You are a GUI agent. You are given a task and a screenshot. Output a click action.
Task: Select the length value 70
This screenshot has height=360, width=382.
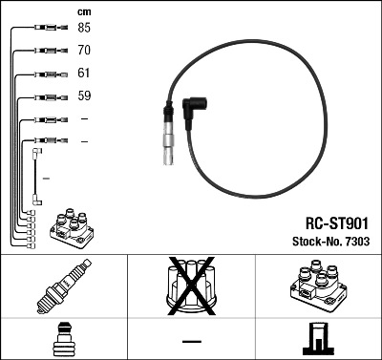tap(84, 51)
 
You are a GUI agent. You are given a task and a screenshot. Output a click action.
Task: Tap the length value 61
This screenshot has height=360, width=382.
tap(84, 73)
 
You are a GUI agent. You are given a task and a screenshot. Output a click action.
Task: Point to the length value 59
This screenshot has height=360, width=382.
tap(84, 95)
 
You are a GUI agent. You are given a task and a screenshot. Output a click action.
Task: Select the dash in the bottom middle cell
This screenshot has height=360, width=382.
tap(190, 340)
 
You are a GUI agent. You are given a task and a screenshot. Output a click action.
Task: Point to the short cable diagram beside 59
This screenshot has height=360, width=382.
tap(47, 96)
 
